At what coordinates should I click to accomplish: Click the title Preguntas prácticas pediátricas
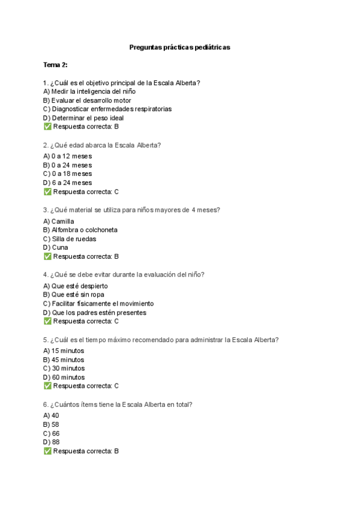tap(180, 47)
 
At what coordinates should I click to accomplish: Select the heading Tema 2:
tap(55, 64)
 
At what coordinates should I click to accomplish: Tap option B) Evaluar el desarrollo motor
tap(87, 100)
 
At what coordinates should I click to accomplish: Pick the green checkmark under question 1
tap(47, 127)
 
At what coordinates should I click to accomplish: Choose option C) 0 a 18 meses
tap(68, 174)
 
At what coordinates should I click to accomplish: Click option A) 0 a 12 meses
tap(68, 156)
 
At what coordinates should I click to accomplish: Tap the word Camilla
tap(62, 221)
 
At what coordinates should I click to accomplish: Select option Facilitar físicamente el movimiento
tap(98, 304)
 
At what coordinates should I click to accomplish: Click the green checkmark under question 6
tap(47, 451)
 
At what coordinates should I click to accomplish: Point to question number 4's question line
tap(124, 274)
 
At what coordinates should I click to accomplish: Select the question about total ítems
tap(118, 405)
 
